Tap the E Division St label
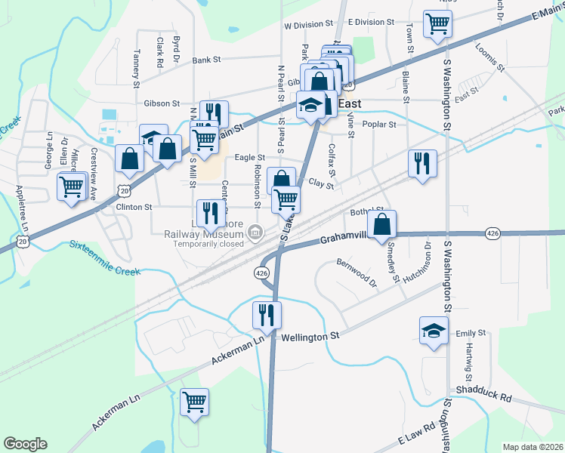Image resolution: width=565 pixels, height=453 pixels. tap(372, 23)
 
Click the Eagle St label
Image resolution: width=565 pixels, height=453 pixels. tap(249, 157)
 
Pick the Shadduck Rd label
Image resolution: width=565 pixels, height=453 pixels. tap(483, 396)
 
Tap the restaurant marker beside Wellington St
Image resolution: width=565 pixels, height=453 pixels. tap(266, 313)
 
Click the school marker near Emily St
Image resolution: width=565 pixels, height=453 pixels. tap(434, 331)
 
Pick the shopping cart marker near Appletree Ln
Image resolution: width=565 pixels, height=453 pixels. tap(71, 186)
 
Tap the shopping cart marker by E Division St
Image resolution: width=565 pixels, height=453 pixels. tap(437, 23)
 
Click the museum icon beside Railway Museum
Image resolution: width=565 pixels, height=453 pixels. tap(255, 231)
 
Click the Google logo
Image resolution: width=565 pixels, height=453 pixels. tap(25, 444)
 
